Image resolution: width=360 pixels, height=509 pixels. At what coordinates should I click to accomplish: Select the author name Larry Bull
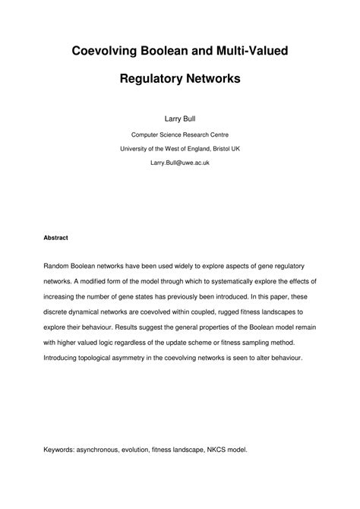[180, 119]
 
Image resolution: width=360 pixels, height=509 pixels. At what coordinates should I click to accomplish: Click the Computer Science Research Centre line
[180, 134]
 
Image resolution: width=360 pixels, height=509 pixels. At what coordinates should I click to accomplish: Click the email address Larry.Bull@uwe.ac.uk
[180, 163]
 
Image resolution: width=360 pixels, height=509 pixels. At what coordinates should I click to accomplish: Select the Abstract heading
[55, 238]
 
